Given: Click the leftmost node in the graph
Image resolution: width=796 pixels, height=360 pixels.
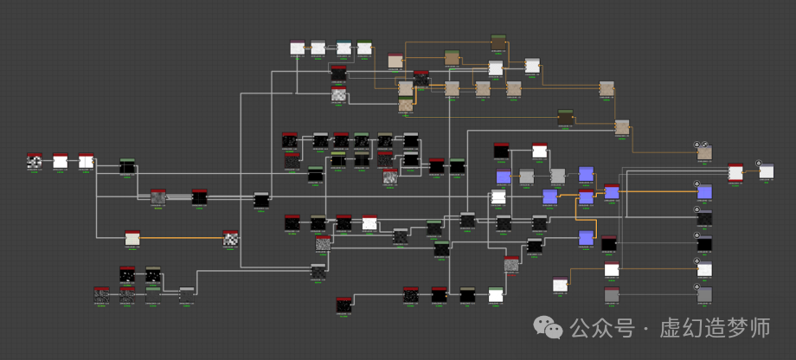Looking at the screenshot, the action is tap(35, 162).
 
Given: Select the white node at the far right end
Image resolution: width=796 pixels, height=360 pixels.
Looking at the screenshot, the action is tap(767, 171).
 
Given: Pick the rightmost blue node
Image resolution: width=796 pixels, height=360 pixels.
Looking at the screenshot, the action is tap(704, 191).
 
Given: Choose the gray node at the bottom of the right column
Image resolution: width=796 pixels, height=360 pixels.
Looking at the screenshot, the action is tap(704, 295).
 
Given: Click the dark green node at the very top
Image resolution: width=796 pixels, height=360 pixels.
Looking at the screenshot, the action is tap(498, 42).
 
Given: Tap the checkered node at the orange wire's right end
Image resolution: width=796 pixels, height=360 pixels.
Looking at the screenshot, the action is tap(231, 237).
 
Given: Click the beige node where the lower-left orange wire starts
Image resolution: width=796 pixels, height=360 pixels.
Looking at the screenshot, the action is tap(132, 237).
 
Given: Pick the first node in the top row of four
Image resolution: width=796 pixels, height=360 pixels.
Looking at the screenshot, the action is tap(298, 48).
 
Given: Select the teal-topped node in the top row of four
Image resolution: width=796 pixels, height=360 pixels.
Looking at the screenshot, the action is tap(343, 48).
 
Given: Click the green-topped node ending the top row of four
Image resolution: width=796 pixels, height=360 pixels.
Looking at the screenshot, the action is tap(365, 48).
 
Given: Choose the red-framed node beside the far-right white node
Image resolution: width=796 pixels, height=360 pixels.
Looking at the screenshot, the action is tap(735, 172).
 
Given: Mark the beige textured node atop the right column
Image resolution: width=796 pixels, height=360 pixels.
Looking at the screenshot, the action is tap(704, 153).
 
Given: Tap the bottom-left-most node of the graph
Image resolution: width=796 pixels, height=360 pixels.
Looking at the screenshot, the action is tap(102, 295).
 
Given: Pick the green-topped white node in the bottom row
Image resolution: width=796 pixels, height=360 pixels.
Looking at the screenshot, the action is tap(496, 294).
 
